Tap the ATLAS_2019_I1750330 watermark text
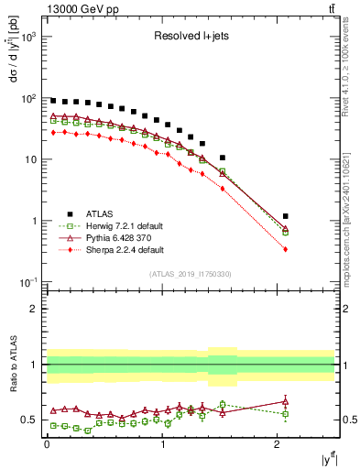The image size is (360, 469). tap(190, 274)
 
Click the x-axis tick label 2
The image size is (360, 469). tap(278, 443)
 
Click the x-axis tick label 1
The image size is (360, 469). tap(162, 443)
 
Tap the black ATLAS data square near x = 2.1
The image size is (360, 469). tap(286, 216)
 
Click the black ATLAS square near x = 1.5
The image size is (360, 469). tap(223, 158)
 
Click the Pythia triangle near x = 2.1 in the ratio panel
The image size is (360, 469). tap(286, 400)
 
